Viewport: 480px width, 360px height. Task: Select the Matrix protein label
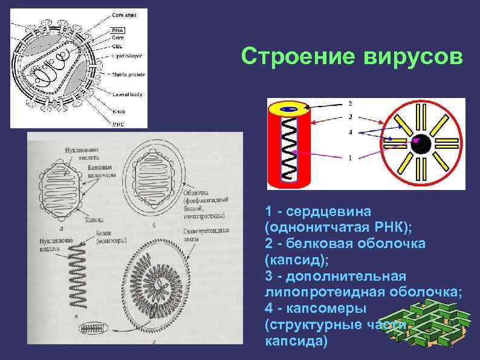(128, 74)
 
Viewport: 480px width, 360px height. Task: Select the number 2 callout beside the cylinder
(349, 103)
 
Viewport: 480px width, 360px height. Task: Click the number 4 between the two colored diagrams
(349, 131)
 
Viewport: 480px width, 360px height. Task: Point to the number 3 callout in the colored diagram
(349, 117)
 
